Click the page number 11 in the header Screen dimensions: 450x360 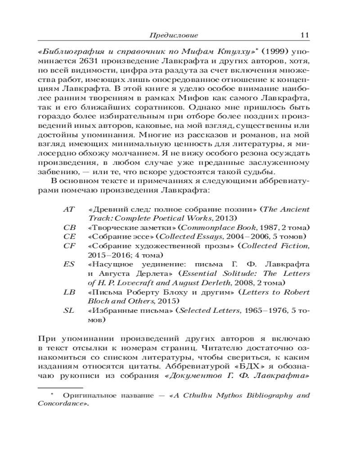pyautogui.click(x=304, y=35)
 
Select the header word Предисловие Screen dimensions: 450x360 pyautogui.click(x=174, y=36)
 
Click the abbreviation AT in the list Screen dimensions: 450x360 pyautogui.click(x=68, y=210)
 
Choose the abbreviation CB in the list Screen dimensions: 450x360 pyautogui.click(x=68, y=228)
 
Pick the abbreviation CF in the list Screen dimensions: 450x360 pyautogui.click(x=68, y=246)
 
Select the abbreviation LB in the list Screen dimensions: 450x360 pyautogui.click(x=68, y=292)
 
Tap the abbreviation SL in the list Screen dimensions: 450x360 pyautogui.click(x=68, y=311)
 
